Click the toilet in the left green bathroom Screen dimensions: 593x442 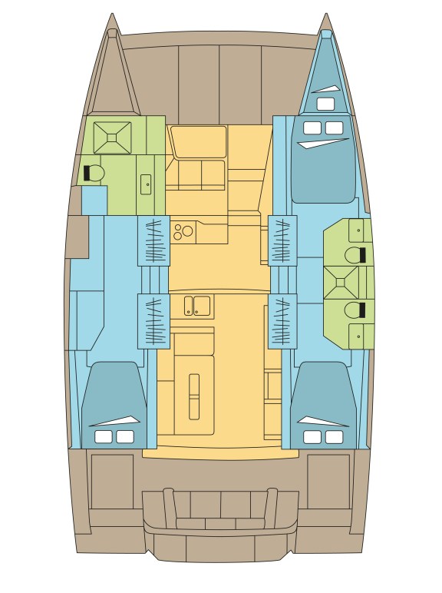96,174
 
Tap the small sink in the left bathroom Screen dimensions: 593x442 146,184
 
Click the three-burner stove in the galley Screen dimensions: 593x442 183,230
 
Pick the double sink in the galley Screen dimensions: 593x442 196,306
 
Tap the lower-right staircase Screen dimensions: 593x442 282,320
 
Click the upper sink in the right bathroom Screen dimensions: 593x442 358,230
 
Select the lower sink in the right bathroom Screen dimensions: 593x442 358,336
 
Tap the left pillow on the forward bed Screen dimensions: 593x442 312,128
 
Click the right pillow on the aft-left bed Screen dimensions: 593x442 124,436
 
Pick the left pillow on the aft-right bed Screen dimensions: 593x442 312,436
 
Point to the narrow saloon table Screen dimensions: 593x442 194,396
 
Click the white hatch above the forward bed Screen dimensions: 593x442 325,104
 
